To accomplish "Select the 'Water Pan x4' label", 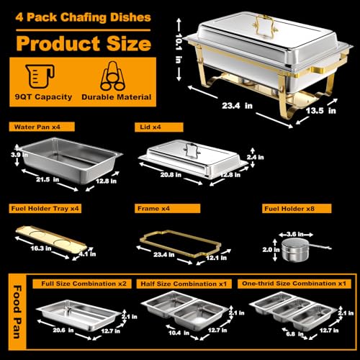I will (37, 127).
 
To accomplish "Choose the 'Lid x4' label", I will (148, 127).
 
